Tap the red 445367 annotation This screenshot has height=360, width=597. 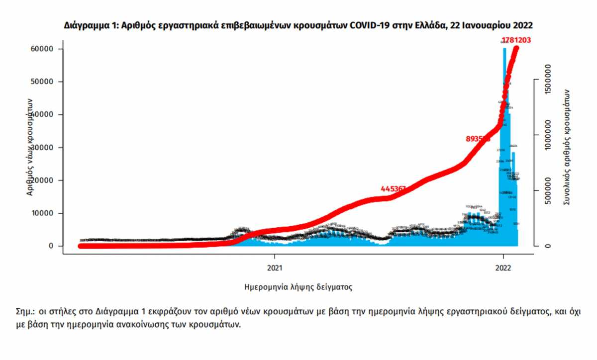click(394, 189)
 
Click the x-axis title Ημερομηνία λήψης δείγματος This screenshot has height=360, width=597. click(298, 287)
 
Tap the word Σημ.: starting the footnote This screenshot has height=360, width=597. click(25, 312)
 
